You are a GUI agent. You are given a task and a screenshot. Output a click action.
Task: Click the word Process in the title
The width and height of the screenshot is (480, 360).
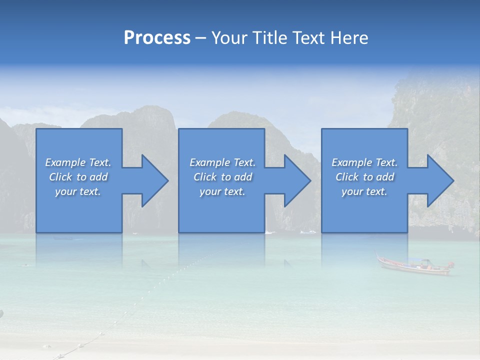[x=157, y=38]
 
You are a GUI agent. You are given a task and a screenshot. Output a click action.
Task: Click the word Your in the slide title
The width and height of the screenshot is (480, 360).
[x=230, y=38]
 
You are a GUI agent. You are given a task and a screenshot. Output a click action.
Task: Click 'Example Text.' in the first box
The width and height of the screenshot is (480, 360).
[x=78, y=162]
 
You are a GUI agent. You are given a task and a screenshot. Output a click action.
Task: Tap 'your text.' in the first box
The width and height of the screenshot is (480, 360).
[x=78, y=191]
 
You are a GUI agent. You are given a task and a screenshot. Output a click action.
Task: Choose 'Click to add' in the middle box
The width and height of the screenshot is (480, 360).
[x=222, y=177]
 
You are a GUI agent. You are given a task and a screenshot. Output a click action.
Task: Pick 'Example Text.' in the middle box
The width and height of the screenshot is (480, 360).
[x=222, y=162]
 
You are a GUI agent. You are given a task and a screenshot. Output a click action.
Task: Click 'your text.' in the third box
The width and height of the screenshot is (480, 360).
[x=364, y=191]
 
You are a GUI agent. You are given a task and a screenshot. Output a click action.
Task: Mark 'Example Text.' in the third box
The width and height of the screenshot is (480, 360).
[x=364, y=162]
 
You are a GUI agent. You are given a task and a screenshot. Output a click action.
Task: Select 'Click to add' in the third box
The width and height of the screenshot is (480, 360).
[x=364, y=177]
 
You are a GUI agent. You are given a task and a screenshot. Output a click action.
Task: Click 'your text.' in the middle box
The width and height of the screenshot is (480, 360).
[x=222, y=191]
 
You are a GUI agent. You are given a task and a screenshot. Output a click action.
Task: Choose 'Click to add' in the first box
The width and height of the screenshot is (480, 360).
[x=78, y=177]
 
